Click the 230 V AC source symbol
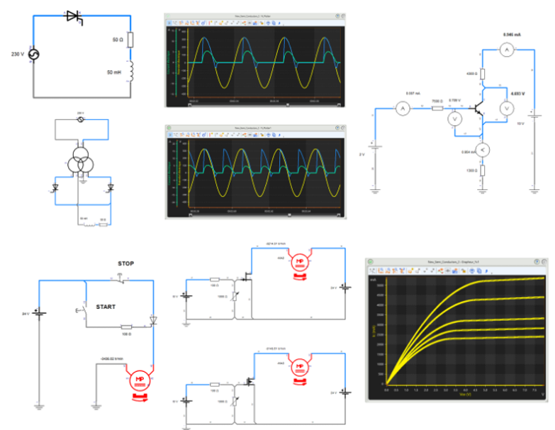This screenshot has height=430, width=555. coord(33,54)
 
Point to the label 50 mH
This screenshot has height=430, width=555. coord(114,72)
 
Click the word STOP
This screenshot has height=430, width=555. coord(125,264)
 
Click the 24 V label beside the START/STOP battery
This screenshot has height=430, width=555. coord(27,313)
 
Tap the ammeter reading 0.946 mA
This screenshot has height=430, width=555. coord(506,49)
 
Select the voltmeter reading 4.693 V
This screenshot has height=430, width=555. coord(506,108)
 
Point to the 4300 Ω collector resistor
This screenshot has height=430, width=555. coord(483,73)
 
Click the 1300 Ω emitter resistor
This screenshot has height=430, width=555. coord(483,171)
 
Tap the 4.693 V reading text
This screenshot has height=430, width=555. coord(517,93)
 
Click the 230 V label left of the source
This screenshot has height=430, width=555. coord(18,54)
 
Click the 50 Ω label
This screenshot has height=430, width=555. coord(118,40)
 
